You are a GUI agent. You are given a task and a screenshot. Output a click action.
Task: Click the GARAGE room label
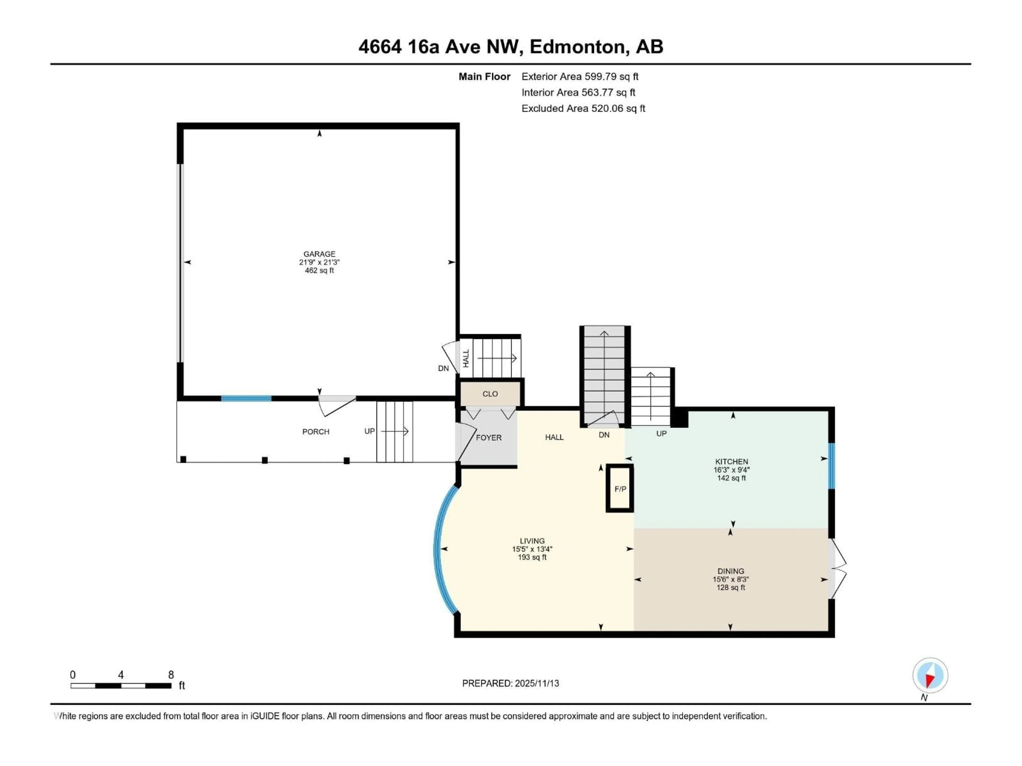coord(319,254)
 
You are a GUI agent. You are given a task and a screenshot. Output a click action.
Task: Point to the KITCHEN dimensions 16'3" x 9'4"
coord(731,469)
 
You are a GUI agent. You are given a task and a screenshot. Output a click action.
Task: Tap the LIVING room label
coord(532,541)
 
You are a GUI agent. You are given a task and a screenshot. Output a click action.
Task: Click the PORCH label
coord(316,432)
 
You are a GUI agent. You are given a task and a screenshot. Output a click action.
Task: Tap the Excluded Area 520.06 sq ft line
coord(583,109)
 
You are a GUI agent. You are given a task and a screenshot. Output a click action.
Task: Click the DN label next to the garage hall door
coord(443,368)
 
